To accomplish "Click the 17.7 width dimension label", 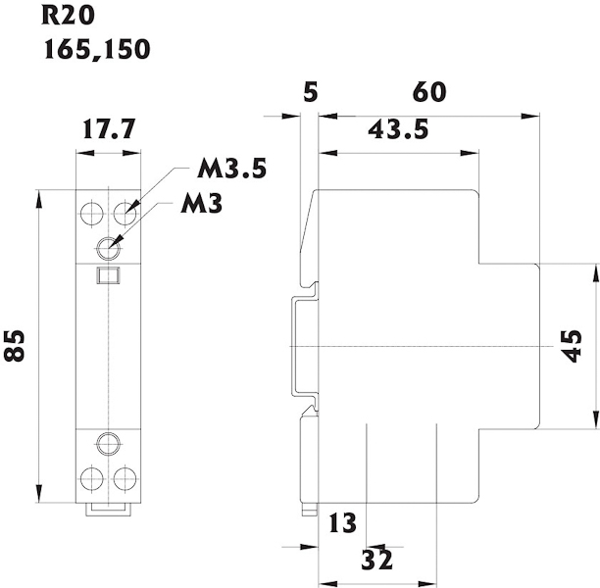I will click(x=108, y=130).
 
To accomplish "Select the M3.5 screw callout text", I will click(x=230, y=169).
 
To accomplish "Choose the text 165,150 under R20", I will click(x=97, y=48).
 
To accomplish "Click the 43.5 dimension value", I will click(x=399, y=129).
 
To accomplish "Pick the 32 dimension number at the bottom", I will click(x=377, y=561).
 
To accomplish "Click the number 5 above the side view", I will click(x=311, y=92).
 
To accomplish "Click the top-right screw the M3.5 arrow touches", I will click(x=124, y=211).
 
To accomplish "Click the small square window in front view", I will click(x=108, y=275).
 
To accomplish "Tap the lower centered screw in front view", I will click(x=108, y=443).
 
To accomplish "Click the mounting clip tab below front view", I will click(x=108, y=508).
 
